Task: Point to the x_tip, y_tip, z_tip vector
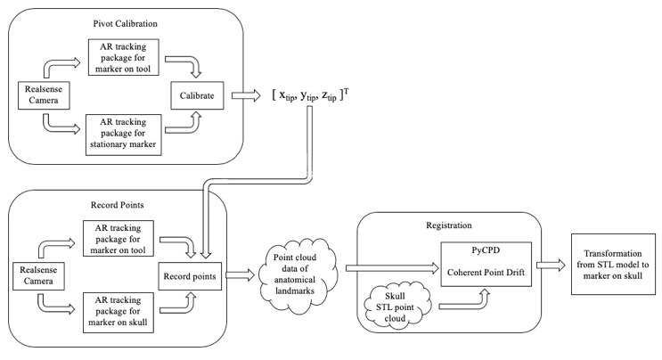click(308, 95)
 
